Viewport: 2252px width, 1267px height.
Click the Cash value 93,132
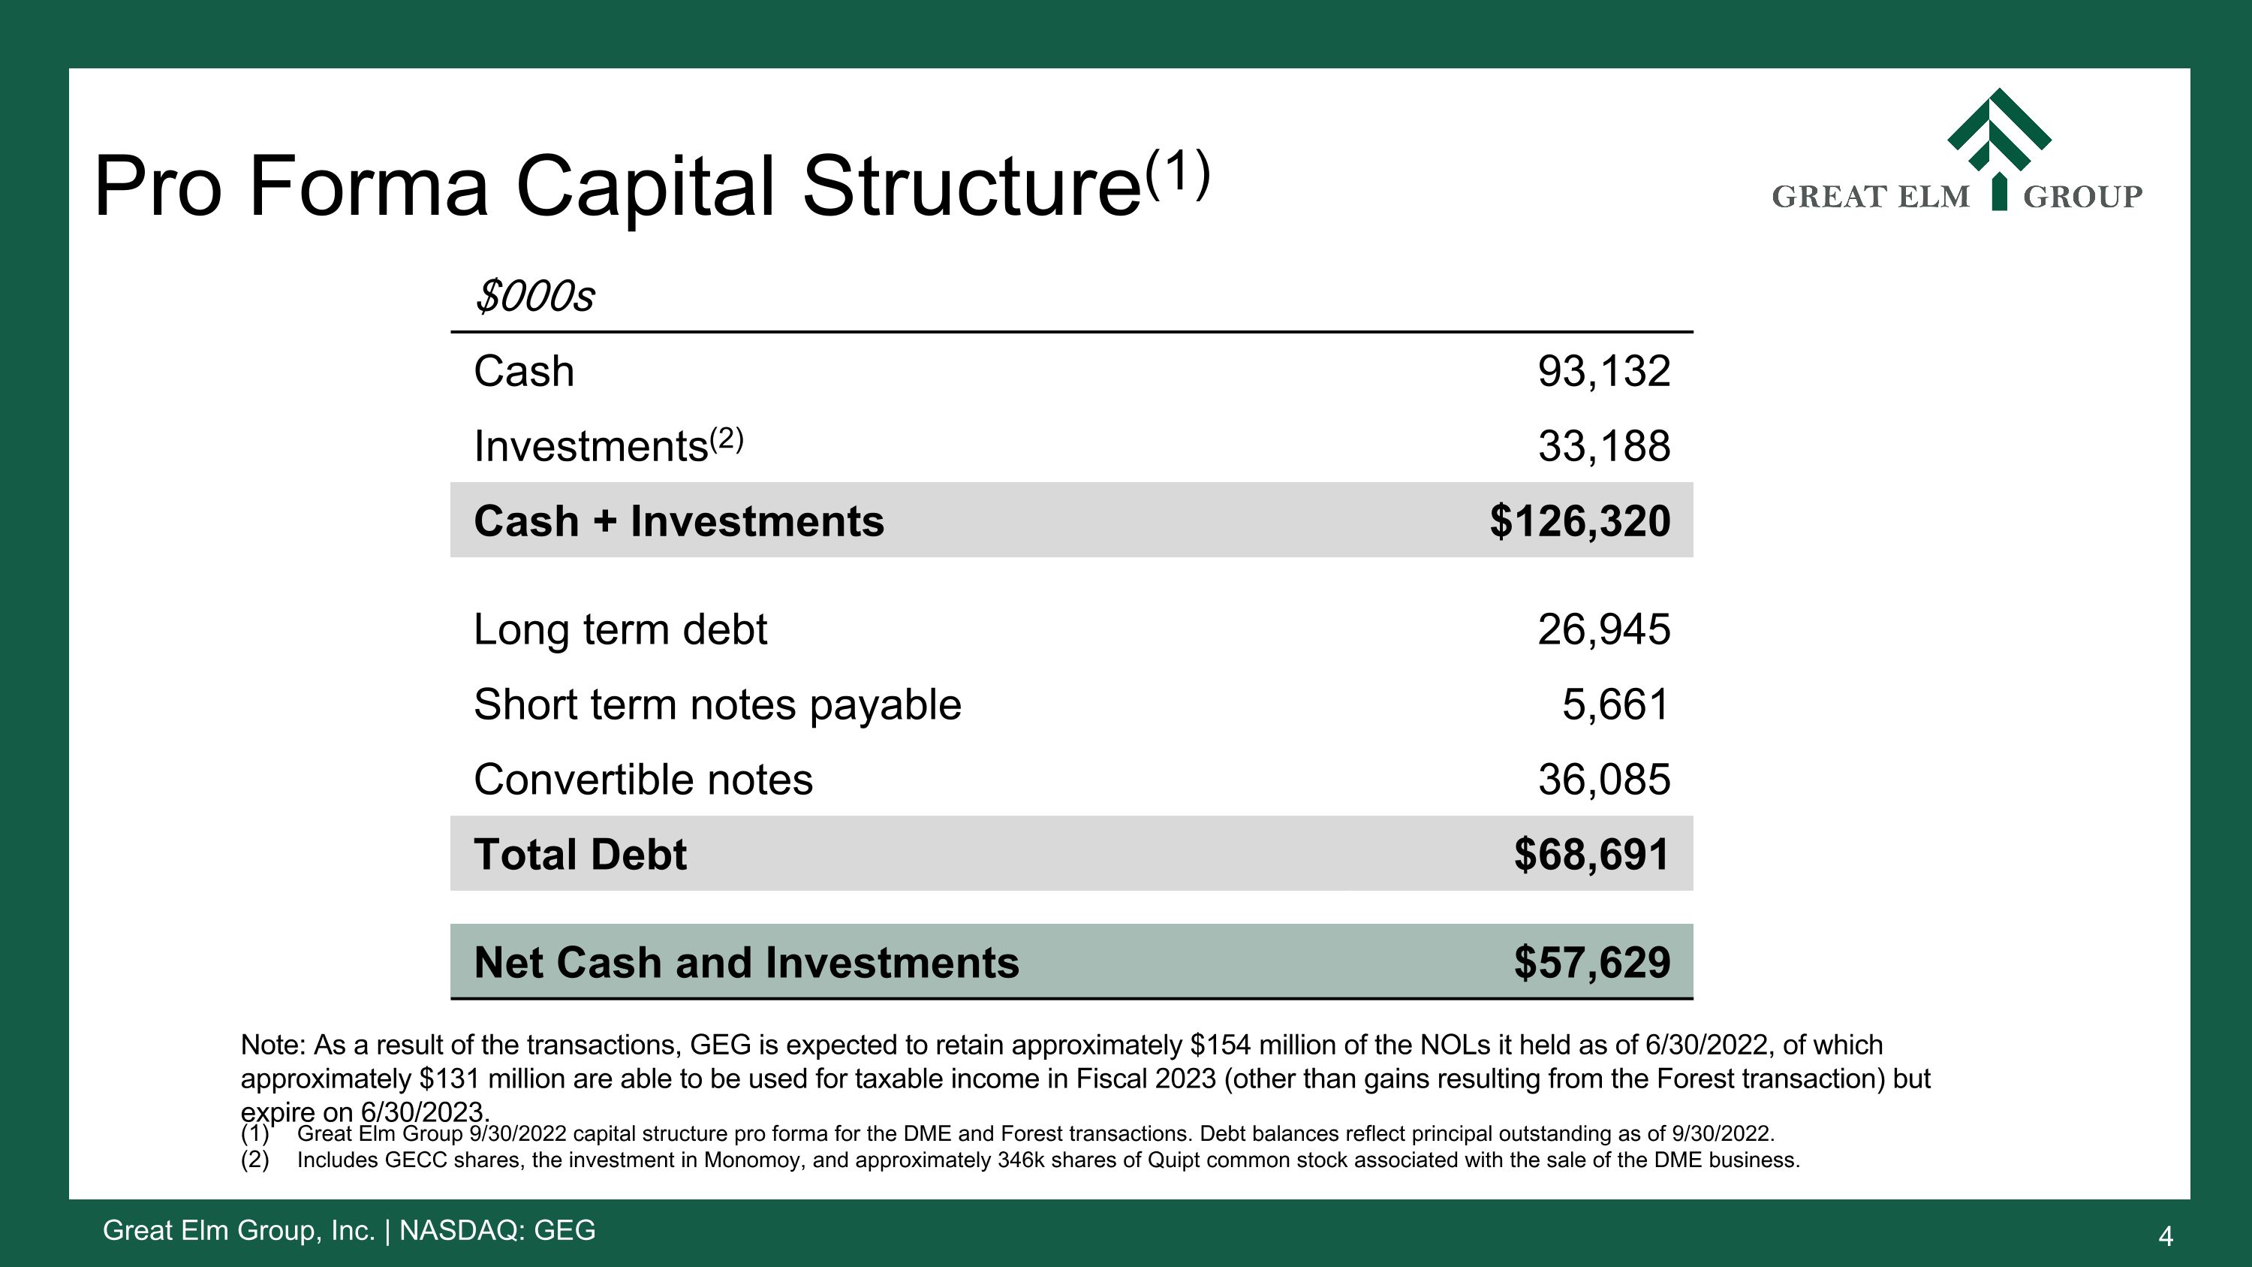click(1603, 372)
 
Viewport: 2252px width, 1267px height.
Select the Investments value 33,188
click(1603, 447)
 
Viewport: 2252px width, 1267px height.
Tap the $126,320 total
click(1579, 521)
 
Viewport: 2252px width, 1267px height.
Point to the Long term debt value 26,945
click(1603, 629)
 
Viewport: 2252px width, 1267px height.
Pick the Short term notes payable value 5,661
click(1615, 704)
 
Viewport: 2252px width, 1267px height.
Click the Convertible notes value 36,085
click(1603, 780)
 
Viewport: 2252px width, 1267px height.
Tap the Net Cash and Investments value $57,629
click(1591, 963)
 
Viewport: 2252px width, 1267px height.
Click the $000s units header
click(534, 297)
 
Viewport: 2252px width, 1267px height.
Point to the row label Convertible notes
click(643, 780)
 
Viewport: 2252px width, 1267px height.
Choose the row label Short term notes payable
click(717, 704)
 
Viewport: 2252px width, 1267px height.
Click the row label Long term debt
click(620, 629)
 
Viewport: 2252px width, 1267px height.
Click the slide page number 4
click(2166, 1236)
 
